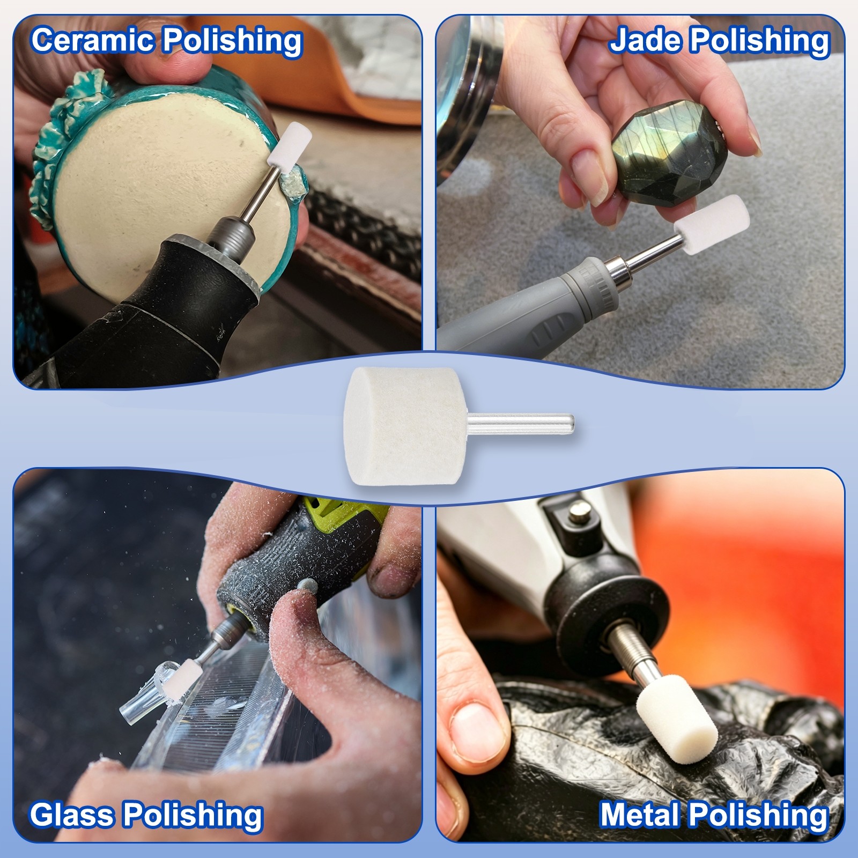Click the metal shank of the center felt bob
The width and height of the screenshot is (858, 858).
tap(520, 422)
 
